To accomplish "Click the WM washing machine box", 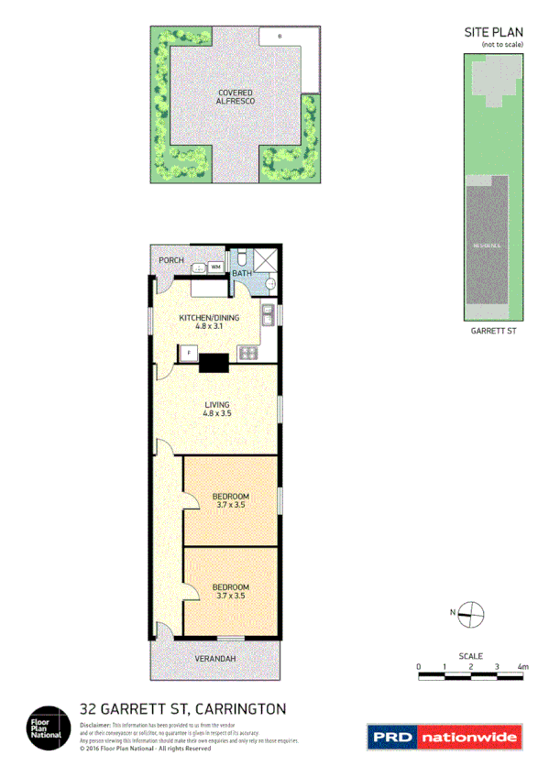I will click(x=215, y=267).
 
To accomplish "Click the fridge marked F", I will click(x=190, y=352).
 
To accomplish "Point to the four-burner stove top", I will click(x=247, y=353).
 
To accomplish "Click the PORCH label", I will click(x=170, y=260).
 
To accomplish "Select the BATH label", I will click(x=241, y=273).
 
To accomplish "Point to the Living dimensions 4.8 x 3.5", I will click(x=216, y=414).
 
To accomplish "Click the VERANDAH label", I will click(x=216, y=659).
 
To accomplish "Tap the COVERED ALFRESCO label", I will click(x=236, y=97).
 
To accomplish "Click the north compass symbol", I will click(x=470, y=614).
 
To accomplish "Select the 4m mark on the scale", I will click(x=522, y=666).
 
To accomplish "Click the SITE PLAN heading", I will click(x=493, y=33).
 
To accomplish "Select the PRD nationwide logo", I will click(x=444, y=736).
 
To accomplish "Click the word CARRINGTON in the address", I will click(x=240, y=708).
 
